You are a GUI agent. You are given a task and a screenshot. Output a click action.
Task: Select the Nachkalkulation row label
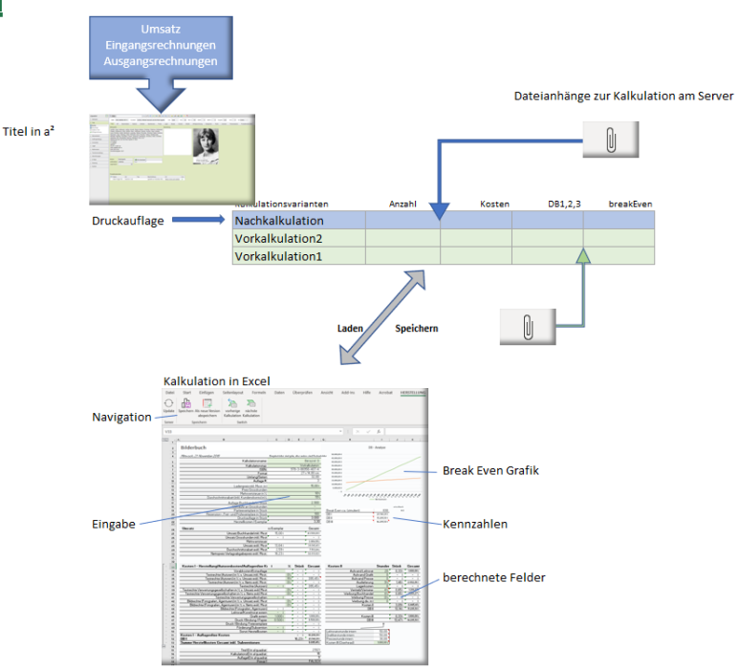(x=279, y=221)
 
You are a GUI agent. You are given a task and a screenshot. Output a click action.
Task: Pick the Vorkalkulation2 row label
(x=279, y=239)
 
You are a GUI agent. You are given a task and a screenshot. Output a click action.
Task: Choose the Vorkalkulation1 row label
(x=279, y=256)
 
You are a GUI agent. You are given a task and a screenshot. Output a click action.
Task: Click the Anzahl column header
(x=403, y=204)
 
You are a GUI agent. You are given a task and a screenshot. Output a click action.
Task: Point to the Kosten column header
(x=494, y=204)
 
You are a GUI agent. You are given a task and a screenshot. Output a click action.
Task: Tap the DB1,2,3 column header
(x=564, y=204)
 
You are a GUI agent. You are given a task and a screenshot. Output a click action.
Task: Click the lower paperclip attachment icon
(x=527, y=327)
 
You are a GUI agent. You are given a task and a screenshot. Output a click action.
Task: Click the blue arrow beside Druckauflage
(x=200, y=221)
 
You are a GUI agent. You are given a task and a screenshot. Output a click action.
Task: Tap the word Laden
(x=351, y=328)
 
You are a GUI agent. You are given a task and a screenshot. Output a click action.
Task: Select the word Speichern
(x=417, y=328)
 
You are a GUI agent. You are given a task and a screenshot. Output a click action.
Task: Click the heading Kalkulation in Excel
(x=216, y=380)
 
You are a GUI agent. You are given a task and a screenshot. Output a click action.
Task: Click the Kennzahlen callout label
(x=474, y=524)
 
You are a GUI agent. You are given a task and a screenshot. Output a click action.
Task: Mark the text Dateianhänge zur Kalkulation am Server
(x=623, y=97)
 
